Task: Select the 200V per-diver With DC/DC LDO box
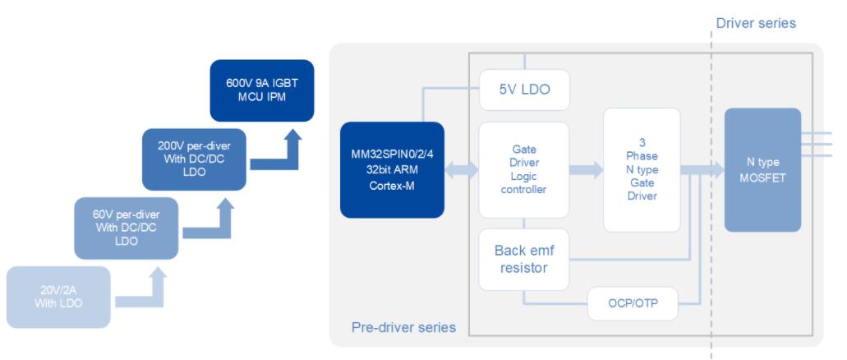tap(195, 159)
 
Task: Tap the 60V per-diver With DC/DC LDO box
tap(126, 228)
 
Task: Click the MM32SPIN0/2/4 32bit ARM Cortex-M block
tap(392, 169)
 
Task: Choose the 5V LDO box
tap(523, 89)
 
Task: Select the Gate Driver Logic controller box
tap(523, 169)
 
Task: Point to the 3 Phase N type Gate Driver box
tap(642, 169)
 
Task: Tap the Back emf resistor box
tap(523, 259)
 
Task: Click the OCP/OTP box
tap(633, 304)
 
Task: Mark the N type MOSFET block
tap(762, 169)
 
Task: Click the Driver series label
tap(756, 23)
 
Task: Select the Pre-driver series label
tap(403, 327)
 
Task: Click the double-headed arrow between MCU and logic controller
tap(461, 169)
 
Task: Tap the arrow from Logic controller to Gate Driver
tap(586, 169)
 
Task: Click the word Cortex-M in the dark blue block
tap(392, 186)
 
